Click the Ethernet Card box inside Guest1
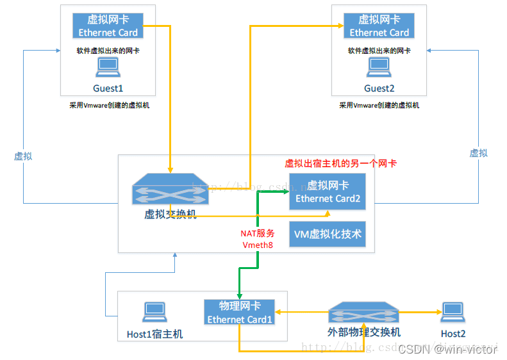(108, 26)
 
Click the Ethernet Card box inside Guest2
(379, 26)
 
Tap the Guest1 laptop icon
(107, 67)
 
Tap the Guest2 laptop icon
(379, 67)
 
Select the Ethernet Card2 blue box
(328, 192)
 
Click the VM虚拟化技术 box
(328, 234)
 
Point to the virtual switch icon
(169, 190)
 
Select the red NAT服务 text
(258, 233)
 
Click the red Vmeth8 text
(258, 245)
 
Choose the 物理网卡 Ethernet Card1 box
(240, 312)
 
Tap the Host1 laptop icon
(154, 312)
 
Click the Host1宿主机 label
(154, 334)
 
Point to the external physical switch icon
(363, 313)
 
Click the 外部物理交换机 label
(363, 332)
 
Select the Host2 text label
(453, 333)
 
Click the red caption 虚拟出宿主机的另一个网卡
(340, 163)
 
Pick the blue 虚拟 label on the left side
(23, 156)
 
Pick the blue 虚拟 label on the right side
(478, 152)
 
